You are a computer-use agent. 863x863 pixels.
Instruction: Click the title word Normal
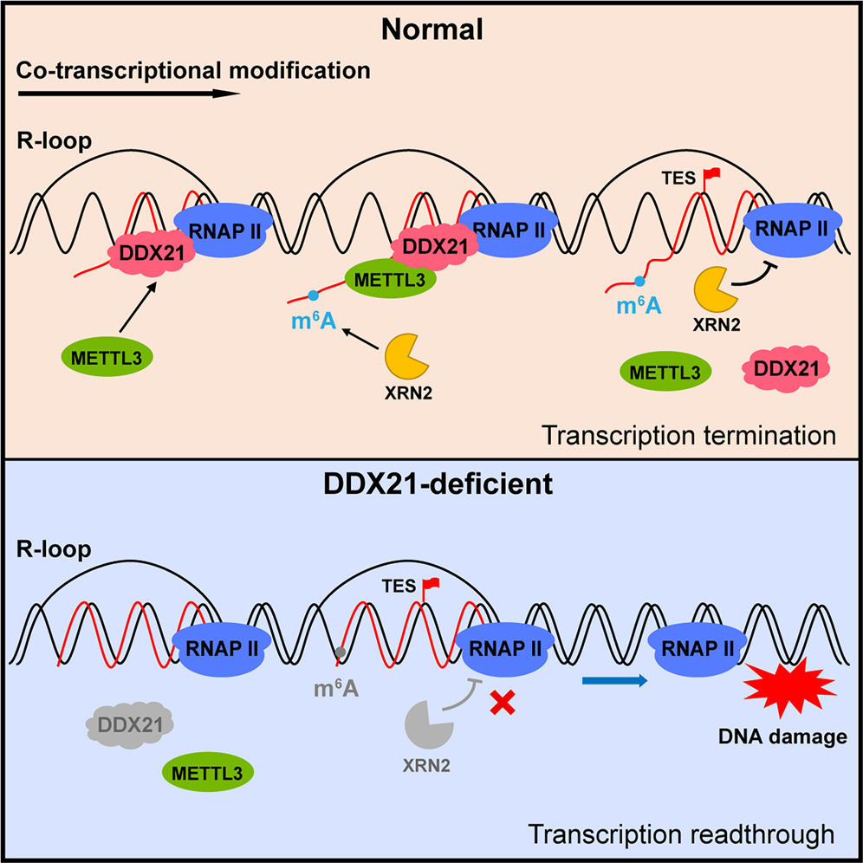[432, 29]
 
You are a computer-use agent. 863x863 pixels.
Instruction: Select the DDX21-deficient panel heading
[438, 485]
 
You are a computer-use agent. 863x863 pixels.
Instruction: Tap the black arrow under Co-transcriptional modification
[129, 94]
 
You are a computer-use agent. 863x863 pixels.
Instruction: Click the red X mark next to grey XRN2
[503, 703]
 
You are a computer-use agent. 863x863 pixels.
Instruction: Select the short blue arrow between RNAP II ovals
[615, 681]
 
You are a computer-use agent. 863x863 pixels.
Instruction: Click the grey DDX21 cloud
[130, 725]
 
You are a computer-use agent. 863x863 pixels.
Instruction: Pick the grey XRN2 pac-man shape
[427, 725]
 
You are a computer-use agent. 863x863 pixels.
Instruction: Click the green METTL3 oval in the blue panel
[207, 773]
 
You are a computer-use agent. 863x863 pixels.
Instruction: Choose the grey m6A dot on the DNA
[341, 652]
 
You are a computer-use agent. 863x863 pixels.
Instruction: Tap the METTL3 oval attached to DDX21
[390, 279]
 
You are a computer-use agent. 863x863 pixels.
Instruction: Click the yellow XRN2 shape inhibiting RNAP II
[715, 289]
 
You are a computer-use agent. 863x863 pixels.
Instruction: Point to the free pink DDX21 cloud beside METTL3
[786, 369]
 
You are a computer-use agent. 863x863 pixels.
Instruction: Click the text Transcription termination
[689, 435]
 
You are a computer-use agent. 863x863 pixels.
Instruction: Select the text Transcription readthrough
[681, 834]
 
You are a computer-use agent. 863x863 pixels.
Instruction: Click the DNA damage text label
[782, 737]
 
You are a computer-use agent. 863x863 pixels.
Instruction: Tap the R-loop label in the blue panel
[54, 549]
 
